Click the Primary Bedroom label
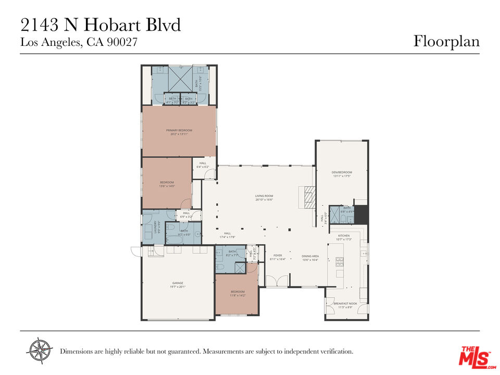click(x=179, y=130)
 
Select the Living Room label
click(x=265, y=196)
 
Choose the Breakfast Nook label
click(x=346, y=304)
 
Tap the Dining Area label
click(x=310, y=256)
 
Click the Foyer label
click(x=278, y=256)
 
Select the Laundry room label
click(x=155, y=227)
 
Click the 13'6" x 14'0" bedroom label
click(x=167, y=182)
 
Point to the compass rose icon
click(x=40, y=350)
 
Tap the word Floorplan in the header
click(x=446, y=41)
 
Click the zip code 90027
click(x=122, y=43)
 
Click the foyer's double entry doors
click(x=277, y=281)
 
